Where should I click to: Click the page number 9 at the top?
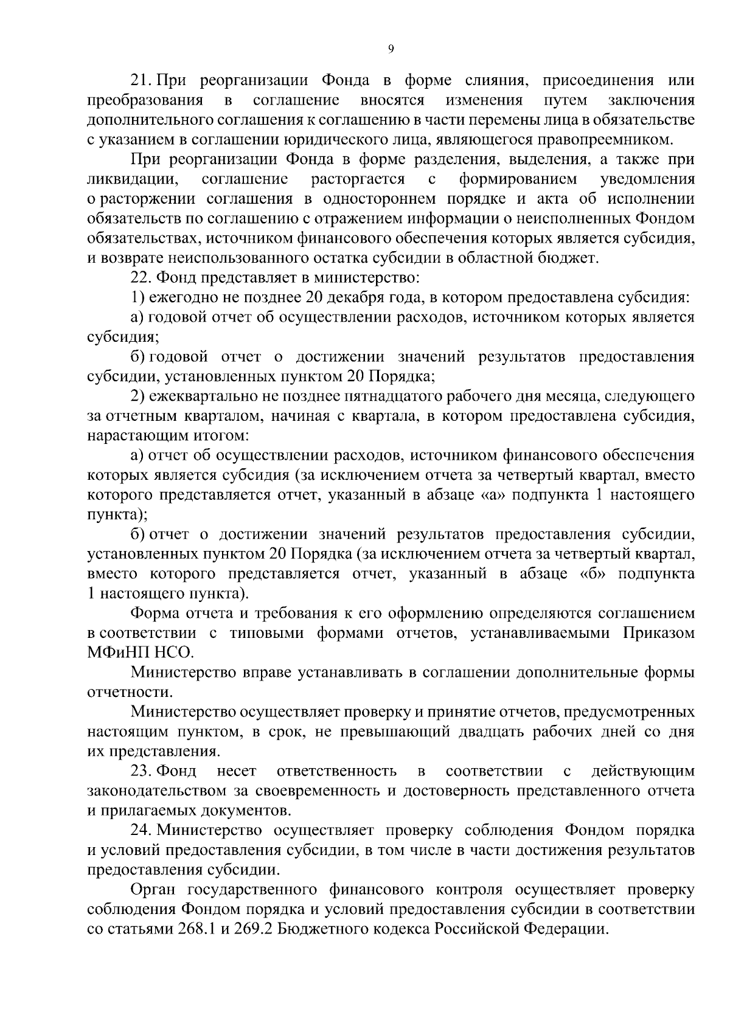(390, 50)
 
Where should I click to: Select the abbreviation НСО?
(176, 653)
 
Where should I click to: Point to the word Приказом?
(658, 633)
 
